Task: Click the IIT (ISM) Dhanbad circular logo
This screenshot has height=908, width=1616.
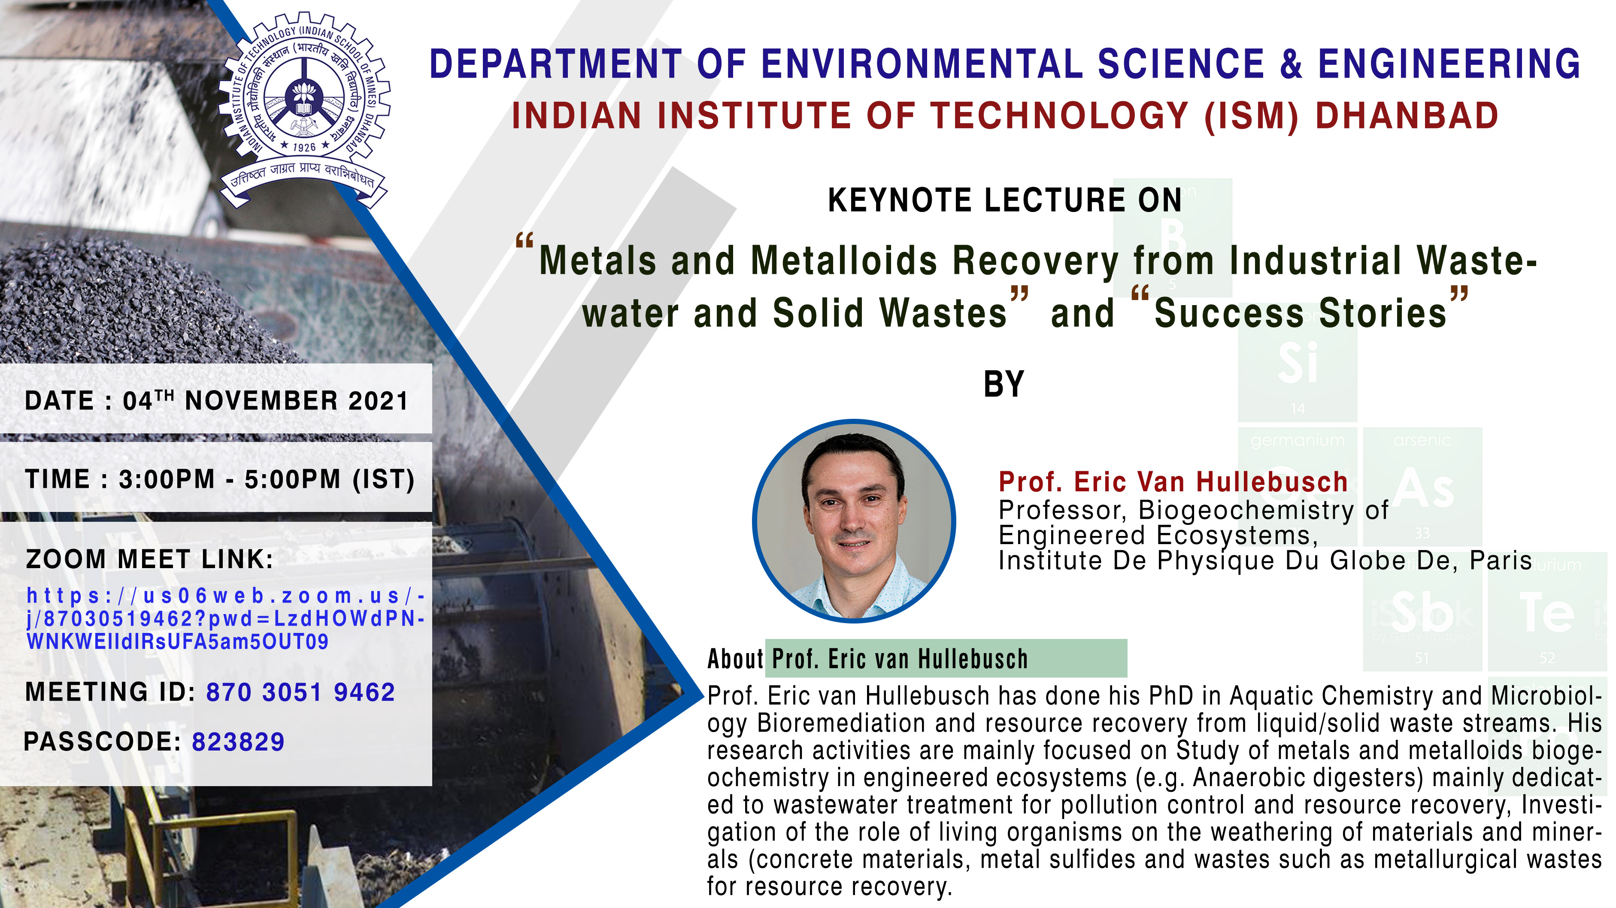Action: click(304, 110)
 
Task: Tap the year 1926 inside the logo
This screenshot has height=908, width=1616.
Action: click(304, 147)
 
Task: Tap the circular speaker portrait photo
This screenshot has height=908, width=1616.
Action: click(854, 521)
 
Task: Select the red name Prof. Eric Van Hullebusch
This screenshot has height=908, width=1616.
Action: click(1173, 481)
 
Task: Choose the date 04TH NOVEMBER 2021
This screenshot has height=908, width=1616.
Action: click(265, 401)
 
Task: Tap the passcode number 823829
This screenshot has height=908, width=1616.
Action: click(238, 742)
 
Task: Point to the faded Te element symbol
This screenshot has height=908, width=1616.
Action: click(1547, 613)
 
